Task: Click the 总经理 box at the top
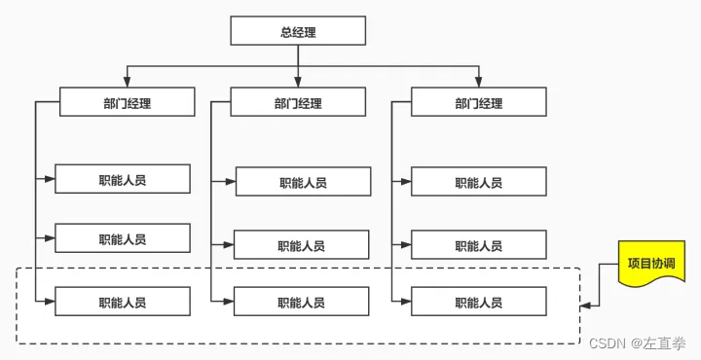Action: [297, 31]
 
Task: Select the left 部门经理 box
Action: [127, 102]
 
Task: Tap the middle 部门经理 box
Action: [297, 102]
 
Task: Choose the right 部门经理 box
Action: [478, 102]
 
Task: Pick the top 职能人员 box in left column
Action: [122, 180]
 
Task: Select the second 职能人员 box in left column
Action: [122, 238]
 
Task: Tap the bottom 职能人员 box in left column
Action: [122, 302]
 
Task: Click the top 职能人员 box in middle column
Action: [303, 182]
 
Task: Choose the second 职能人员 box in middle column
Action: [301, 245]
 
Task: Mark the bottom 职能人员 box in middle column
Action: [301, 302]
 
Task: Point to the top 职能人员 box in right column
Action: [478, 182]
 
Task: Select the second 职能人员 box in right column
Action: [478, 245]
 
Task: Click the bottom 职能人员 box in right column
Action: [478, 302]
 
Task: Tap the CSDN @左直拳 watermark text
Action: [638, 342]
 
